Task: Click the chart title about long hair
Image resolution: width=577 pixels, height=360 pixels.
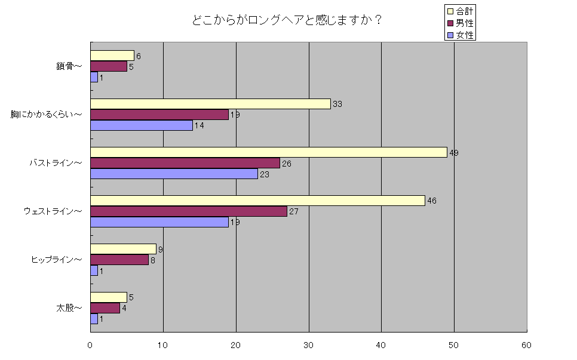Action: point(287,20)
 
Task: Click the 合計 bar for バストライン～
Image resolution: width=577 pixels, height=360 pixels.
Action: point(269,152)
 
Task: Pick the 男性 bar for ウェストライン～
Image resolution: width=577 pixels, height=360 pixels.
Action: point(189,211)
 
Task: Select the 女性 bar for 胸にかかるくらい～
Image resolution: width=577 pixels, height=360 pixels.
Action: point(142,125)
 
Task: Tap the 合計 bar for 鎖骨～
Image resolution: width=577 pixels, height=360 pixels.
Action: point(112,56)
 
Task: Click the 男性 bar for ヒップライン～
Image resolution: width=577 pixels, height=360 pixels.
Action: point(119,260)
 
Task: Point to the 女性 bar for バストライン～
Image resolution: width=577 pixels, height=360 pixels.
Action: point(174,174)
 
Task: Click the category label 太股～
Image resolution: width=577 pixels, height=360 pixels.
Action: point(69,309)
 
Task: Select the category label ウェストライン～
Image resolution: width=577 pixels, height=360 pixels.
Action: point(53,211)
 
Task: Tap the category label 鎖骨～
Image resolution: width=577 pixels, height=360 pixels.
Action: point(69,66)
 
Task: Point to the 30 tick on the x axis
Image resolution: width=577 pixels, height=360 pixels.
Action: point(309,345)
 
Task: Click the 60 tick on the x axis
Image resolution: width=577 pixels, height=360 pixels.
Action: point(526,345)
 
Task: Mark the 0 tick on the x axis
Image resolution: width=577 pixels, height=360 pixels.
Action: point(90,345)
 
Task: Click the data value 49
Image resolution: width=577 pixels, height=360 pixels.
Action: point(454,153)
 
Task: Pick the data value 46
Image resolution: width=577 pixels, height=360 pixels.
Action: point(432,201)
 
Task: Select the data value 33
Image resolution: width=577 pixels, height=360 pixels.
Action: point(337,104)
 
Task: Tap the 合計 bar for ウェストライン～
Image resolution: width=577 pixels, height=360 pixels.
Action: point(257,201)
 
